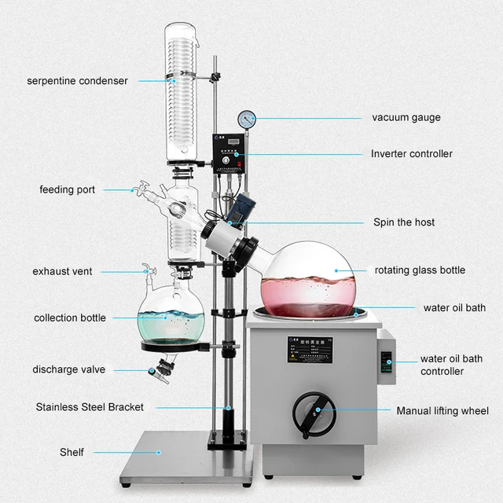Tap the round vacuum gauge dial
point(248,119)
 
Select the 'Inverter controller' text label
point(411,154)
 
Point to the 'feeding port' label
point(68,189)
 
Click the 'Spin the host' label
point(403,222)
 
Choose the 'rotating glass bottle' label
point(420,270)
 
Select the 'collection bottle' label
point(70,318)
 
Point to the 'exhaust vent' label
point(62,271)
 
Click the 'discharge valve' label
point(68,369)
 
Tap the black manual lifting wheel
point(314,414)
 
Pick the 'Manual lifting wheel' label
point(442,411)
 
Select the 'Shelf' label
point(72,452)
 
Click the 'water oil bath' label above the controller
point(454,307)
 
